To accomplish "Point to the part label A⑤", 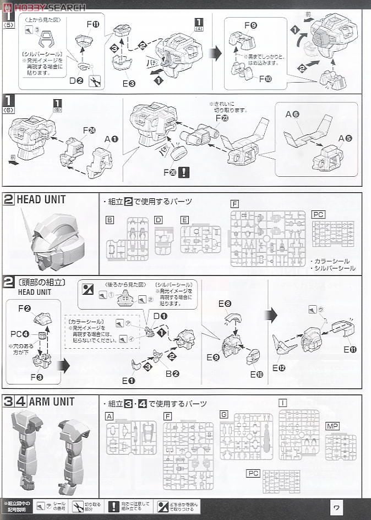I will tap(345, 137).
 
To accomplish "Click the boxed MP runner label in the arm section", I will tap(332, 426).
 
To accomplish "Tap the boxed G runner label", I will tap(223, 414).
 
